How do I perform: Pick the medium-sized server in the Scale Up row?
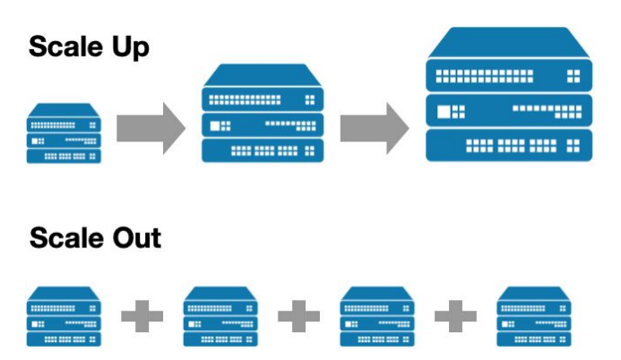[x=262, y=114]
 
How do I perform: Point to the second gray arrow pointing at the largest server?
[x=374, y=126]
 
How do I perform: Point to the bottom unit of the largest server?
[x=507, y=144]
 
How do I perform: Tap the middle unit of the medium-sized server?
[x=262, y=124]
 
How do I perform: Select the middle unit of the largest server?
[x=507, y=111]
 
